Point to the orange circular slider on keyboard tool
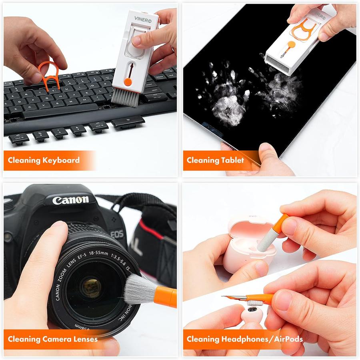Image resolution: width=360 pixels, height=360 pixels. pyautogui.click(x=128, y=82)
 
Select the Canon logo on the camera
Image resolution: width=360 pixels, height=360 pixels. pyautogui.click(x=70, y=200)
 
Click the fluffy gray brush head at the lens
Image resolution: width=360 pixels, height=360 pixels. pyautogui.click(x=138, y=290)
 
